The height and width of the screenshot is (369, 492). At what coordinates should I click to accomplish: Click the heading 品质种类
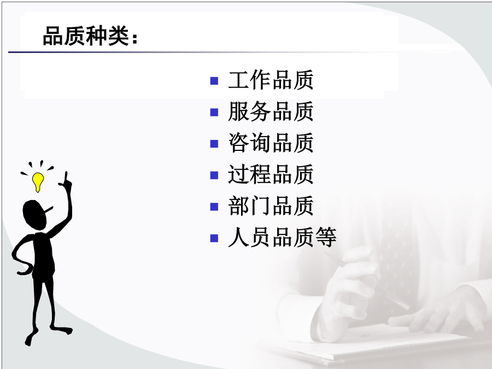coord(86,36)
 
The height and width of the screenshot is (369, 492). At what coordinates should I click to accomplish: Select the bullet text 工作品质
coord(271,80)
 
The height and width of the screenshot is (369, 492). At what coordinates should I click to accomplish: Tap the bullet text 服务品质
coord(271,112)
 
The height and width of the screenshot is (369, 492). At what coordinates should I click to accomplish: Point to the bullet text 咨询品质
coord(271,143)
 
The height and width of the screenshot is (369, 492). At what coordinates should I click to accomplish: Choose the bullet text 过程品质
coord(271,174)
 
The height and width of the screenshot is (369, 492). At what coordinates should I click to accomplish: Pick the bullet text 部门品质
coord(271,206)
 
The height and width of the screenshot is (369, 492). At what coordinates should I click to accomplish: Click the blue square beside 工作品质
coord(214,81)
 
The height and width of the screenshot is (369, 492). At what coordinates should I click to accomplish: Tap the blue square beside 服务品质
coord(214,112)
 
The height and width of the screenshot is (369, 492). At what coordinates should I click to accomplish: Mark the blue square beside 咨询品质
coord(214,144)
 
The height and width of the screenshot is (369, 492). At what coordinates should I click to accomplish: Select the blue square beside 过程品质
coord(214,175)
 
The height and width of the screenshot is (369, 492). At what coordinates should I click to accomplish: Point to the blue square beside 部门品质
coord(214,207)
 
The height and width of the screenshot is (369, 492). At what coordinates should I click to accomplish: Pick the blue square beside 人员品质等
coord(214,238)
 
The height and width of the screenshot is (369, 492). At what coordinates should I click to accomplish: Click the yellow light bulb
coord(38,182)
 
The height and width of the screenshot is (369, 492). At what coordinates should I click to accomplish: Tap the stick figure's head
coord(34,215)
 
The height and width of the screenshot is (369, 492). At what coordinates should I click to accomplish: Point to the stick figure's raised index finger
coord(66,178)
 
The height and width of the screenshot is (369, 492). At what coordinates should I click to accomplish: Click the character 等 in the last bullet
coord(326,237)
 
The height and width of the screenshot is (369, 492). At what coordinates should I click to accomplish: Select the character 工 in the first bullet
coord(238,80)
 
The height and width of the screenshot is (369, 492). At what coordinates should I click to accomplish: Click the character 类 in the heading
coord(119,36)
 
